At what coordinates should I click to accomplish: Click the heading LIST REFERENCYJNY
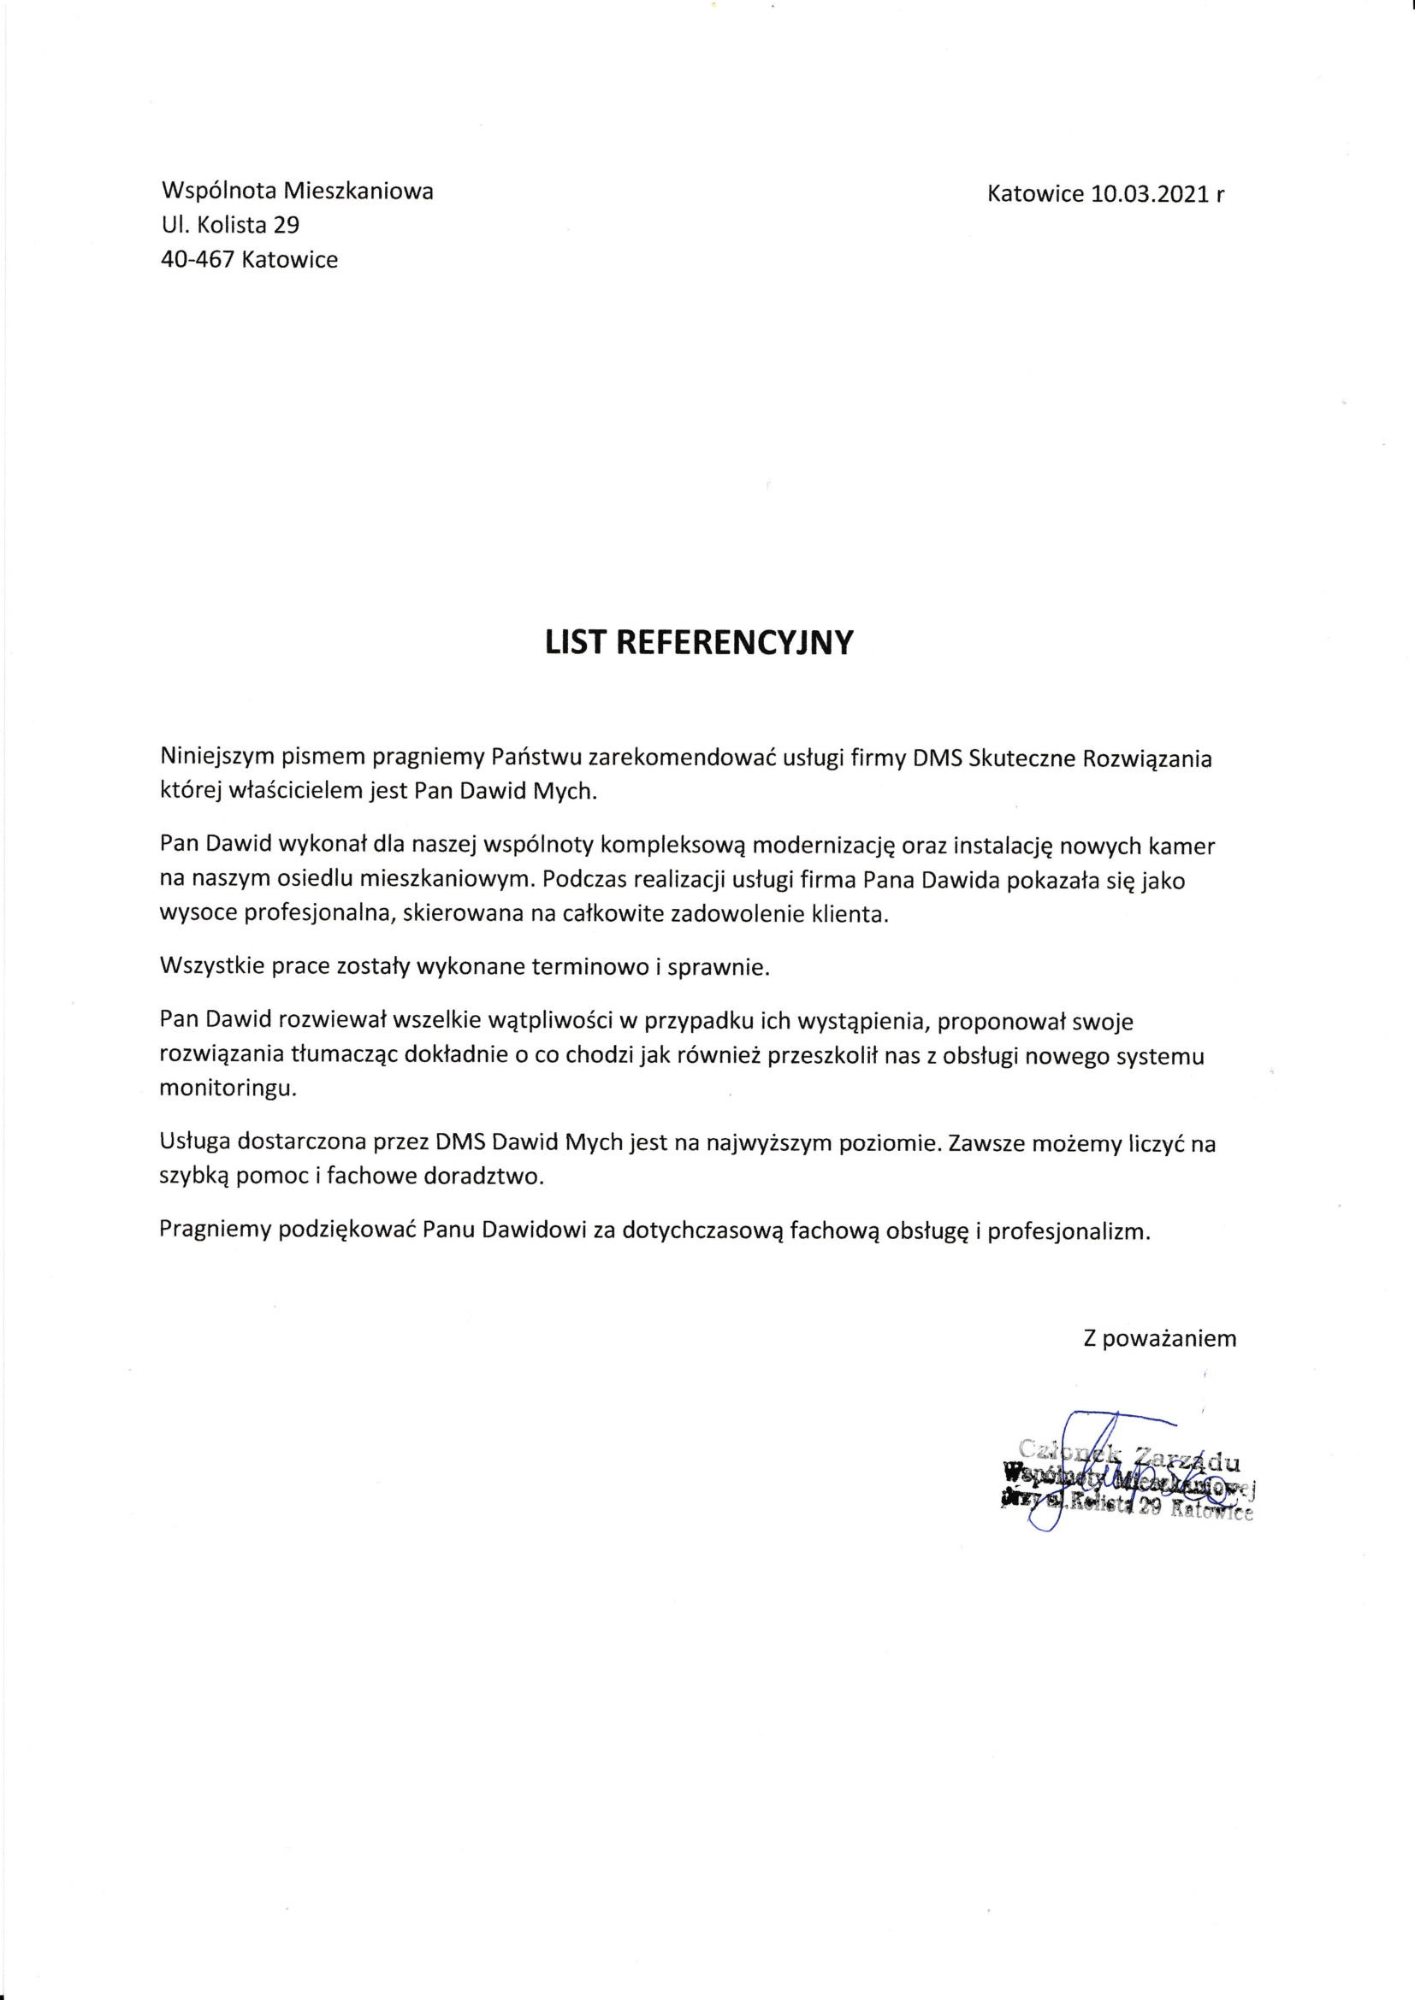click(x=699, y=642)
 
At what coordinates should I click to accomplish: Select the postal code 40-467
click(x=198, y=260)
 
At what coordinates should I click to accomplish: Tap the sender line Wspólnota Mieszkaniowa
click(x=298, y=191)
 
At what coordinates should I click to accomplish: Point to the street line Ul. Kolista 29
click(x=231, y=225)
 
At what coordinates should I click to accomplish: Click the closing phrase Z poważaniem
click(x=1160, y=1338)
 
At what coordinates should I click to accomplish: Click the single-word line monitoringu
click(x=228, y=1089)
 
